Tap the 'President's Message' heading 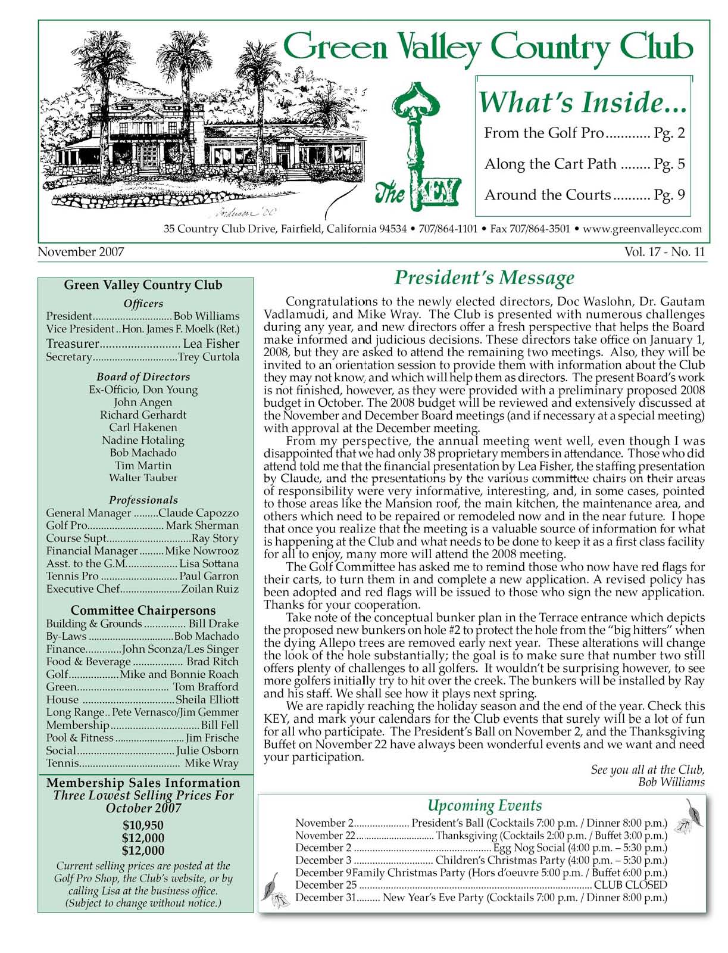pos(485,278)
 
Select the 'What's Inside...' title pos(583,102)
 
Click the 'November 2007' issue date pos(81,252)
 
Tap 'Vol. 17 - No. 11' pos(664,252)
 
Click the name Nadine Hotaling pos(143,440)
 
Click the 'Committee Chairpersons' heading pos(143,611)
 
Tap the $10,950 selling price pos(143,826)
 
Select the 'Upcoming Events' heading pos(485,806)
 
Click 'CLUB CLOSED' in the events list pos(630,885)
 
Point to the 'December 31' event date pos(325,898)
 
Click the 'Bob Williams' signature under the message pos(671,782)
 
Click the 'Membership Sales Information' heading pos(143,783)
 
